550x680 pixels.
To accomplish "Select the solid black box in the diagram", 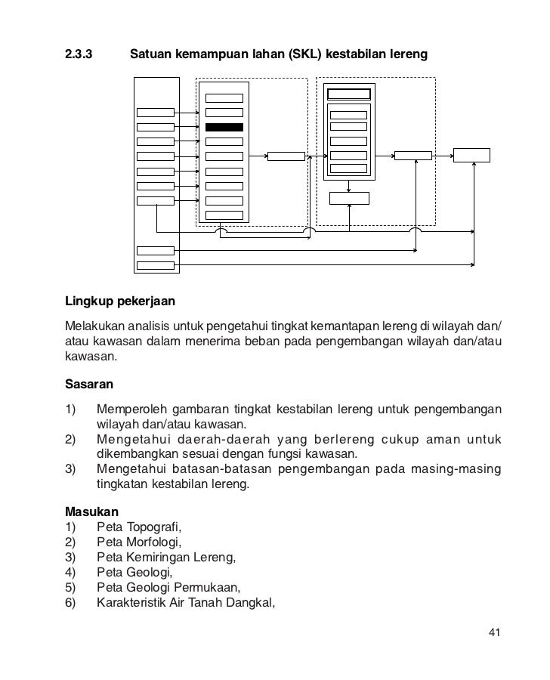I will coord(224,127).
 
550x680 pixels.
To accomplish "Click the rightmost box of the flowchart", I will coord(471,155).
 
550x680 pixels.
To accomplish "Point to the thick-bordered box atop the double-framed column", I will coord(348,94).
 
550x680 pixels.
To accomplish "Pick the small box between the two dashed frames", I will coord(286,156).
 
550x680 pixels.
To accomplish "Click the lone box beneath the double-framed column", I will coord(350,198).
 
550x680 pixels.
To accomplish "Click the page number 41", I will coord(495,632).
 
